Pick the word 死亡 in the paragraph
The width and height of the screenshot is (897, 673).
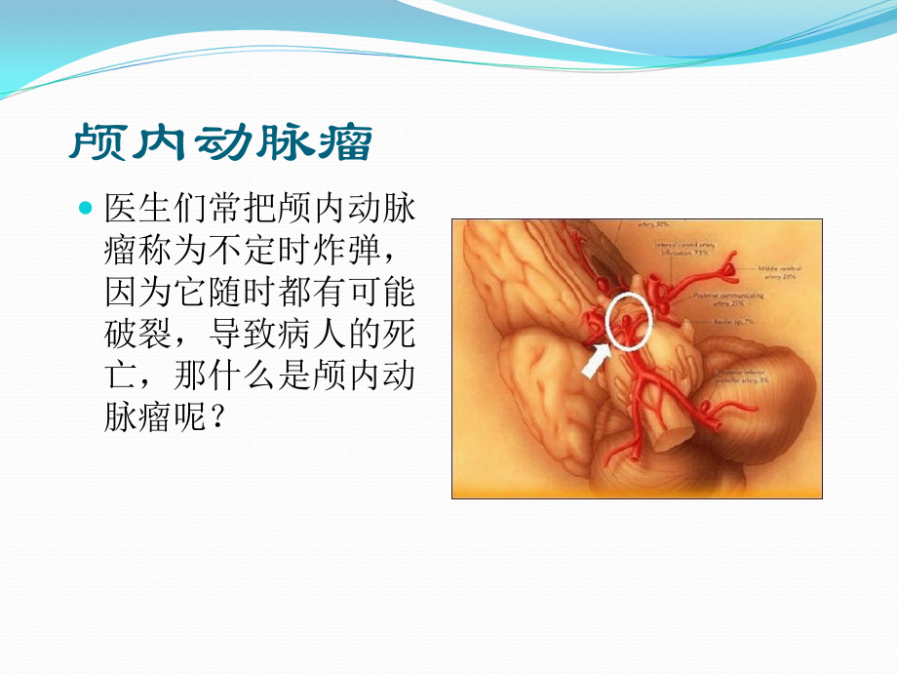[401, 335]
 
